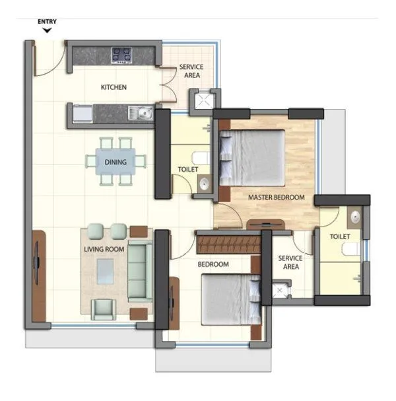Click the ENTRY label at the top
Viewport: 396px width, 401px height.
pyautogui.click(x=46, y=22)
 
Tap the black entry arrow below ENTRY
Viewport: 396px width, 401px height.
pyautogui.click(x=46, y=30)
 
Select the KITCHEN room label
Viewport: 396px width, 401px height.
pyautogui.click(x=114, y=87)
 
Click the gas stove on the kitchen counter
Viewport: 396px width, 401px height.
pyautogui.click(x=121, y=55)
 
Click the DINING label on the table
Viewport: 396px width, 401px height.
pyautogui.click(x=115, y=161)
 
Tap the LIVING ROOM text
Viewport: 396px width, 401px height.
pyautogui.click(x=104, y=249)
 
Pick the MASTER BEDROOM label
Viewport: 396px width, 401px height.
pyautogui.click(x=276, y=198)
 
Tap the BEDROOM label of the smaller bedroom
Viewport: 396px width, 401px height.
pyautogui.click(x=213, y=264)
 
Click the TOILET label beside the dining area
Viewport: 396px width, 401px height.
pyautogui.click(x=188, y=170)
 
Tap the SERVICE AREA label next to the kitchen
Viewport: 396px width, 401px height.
pyautogui.click(x=191, y=71)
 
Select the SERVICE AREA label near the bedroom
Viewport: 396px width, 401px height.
pyautogui.click(x=289, y=262)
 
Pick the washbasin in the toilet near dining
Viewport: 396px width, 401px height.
pyautogui.click(x=204, y=184)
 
